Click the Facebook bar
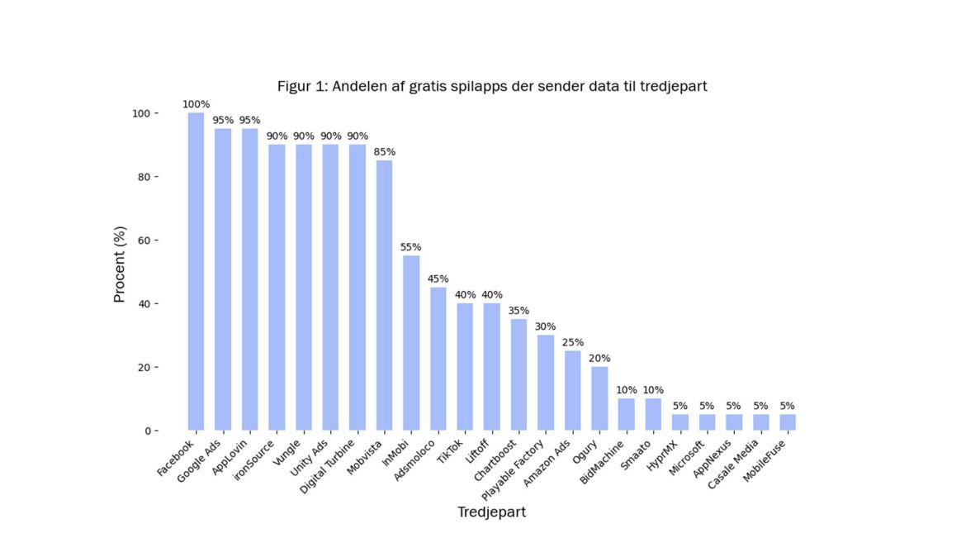tap(196, 272)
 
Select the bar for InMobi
tap(411, 343)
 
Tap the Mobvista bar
tap(384, 295)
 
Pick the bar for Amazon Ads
tap(572, 390)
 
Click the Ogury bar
tap(599, 398)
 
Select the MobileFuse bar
tap(788, 422)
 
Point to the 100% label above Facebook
tap(197, 104)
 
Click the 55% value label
tap(411, 247)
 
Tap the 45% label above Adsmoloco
tap(438, 279)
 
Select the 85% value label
tap(384, 152)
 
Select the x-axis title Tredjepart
tap(491, 512)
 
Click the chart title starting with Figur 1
tap(491, 86)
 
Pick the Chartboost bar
tap(519, 374)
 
